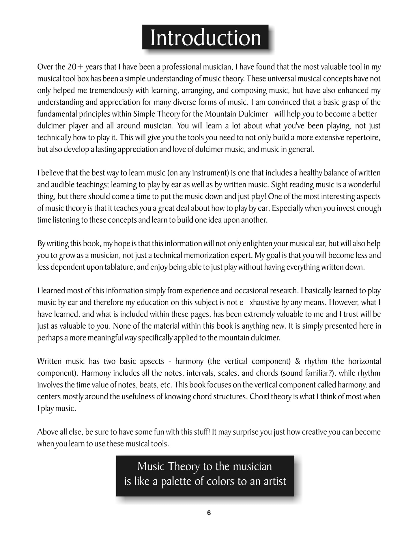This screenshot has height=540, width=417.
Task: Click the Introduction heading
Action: (205, 38)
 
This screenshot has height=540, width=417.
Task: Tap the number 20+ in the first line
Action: (76, 67)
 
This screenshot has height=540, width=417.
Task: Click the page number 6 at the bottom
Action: (209, 513)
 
